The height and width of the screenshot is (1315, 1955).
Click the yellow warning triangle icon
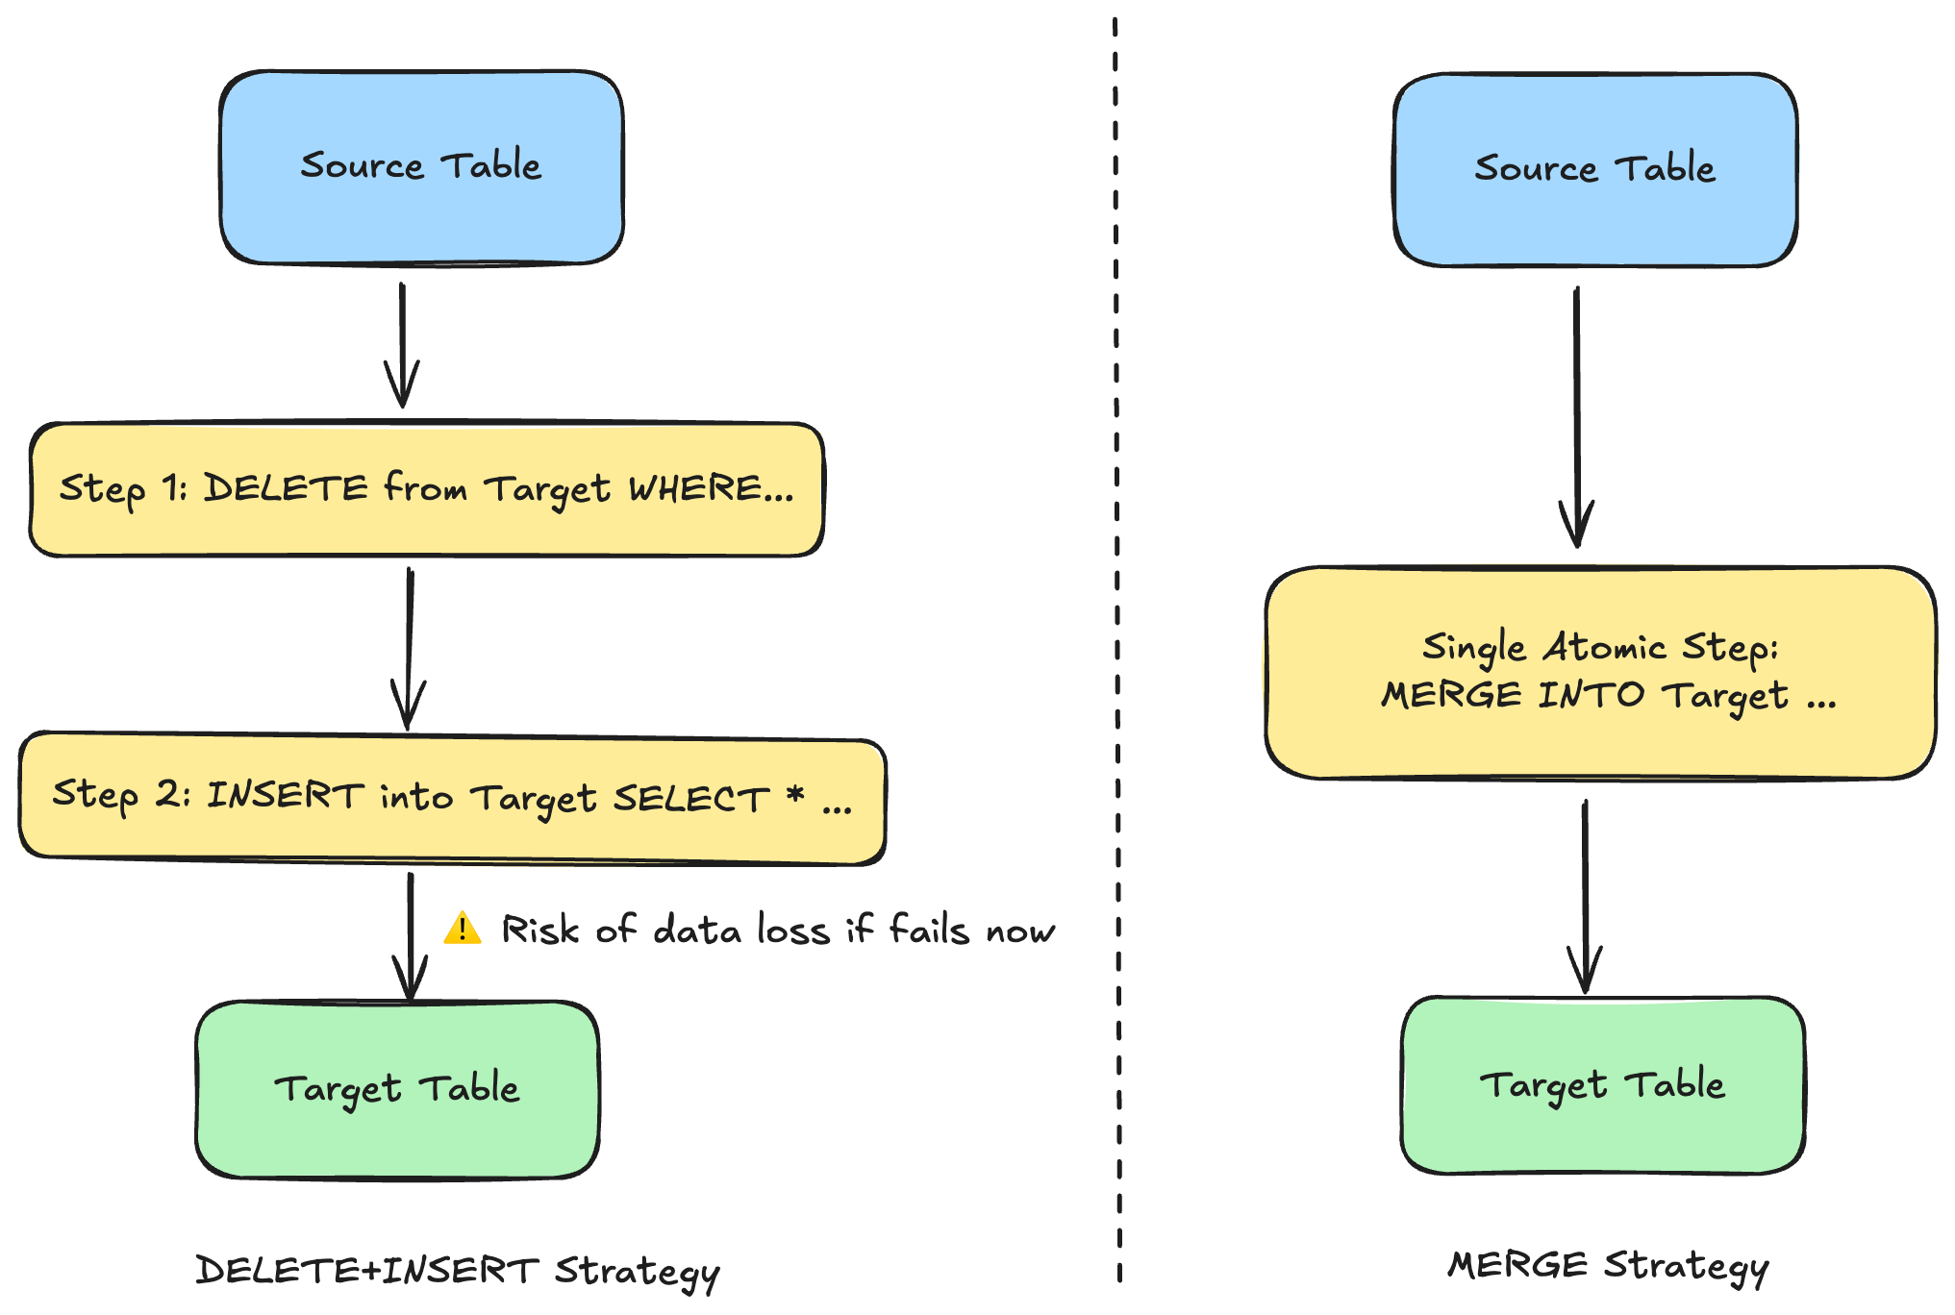[463, 929]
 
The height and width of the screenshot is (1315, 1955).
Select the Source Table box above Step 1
[421, 167]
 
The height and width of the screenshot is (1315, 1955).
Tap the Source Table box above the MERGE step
[1595, 170]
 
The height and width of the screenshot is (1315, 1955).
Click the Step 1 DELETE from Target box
[427, 489]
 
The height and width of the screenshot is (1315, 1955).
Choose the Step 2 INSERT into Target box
[452, 798]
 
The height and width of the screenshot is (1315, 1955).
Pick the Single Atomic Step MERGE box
[1601, 672]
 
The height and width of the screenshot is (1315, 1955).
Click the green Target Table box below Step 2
[397, 1089]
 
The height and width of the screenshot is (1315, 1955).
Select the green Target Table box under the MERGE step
[1603, 1085]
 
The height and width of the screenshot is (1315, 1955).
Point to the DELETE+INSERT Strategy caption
[458, 1272]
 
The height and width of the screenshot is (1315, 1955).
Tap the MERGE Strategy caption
[1609, 1266]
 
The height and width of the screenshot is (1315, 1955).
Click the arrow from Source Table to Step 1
[402, 345]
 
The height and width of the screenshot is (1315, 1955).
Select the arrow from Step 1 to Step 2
[409, 649]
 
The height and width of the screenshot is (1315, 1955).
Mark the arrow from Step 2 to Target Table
[411, 937]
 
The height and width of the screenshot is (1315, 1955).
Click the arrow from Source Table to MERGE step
[1577, 417]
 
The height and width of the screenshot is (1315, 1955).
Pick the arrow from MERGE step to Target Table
[1585, 897]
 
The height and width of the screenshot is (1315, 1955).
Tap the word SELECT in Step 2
[691, 799]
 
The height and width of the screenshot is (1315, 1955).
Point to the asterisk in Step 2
[795, 794]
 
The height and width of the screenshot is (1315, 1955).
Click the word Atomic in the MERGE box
[1604, 647]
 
